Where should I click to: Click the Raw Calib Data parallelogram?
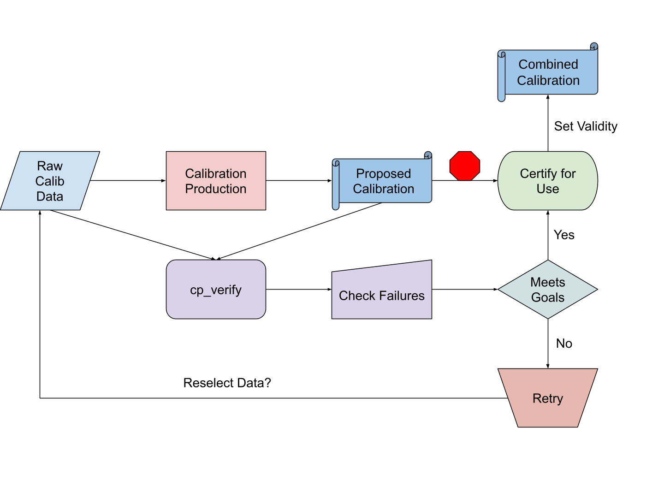(x=50, y=181)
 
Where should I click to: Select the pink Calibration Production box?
(x=216, y=181)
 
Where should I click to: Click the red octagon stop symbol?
(x=465, y=166)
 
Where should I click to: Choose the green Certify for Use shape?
(x=548, y=181)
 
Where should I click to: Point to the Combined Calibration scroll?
(x=549, y=72)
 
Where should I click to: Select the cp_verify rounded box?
(x=216, y=290)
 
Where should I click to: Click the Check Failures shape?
(x=382, y=293)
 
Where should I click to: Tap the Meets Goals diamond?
(x=548, y=290)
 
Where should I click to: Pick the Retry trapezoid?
(x=548, y=398)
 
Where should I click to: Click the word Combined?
(x=548, y=64)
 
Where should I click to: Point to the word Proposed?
(x=384, y=173)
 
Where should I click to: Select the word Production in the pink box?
(x=216, y=189)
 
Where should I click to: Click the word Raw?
(x=50, y=166)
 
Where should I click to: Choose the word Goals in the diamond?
(x=548, y=297)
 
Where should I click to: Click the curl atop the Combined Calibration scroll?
(x=594, y=47)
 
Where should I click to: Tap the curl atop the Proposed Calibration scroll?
(x=428, y=155)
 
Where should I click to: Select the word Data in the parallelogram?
(x=50, y=196)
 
